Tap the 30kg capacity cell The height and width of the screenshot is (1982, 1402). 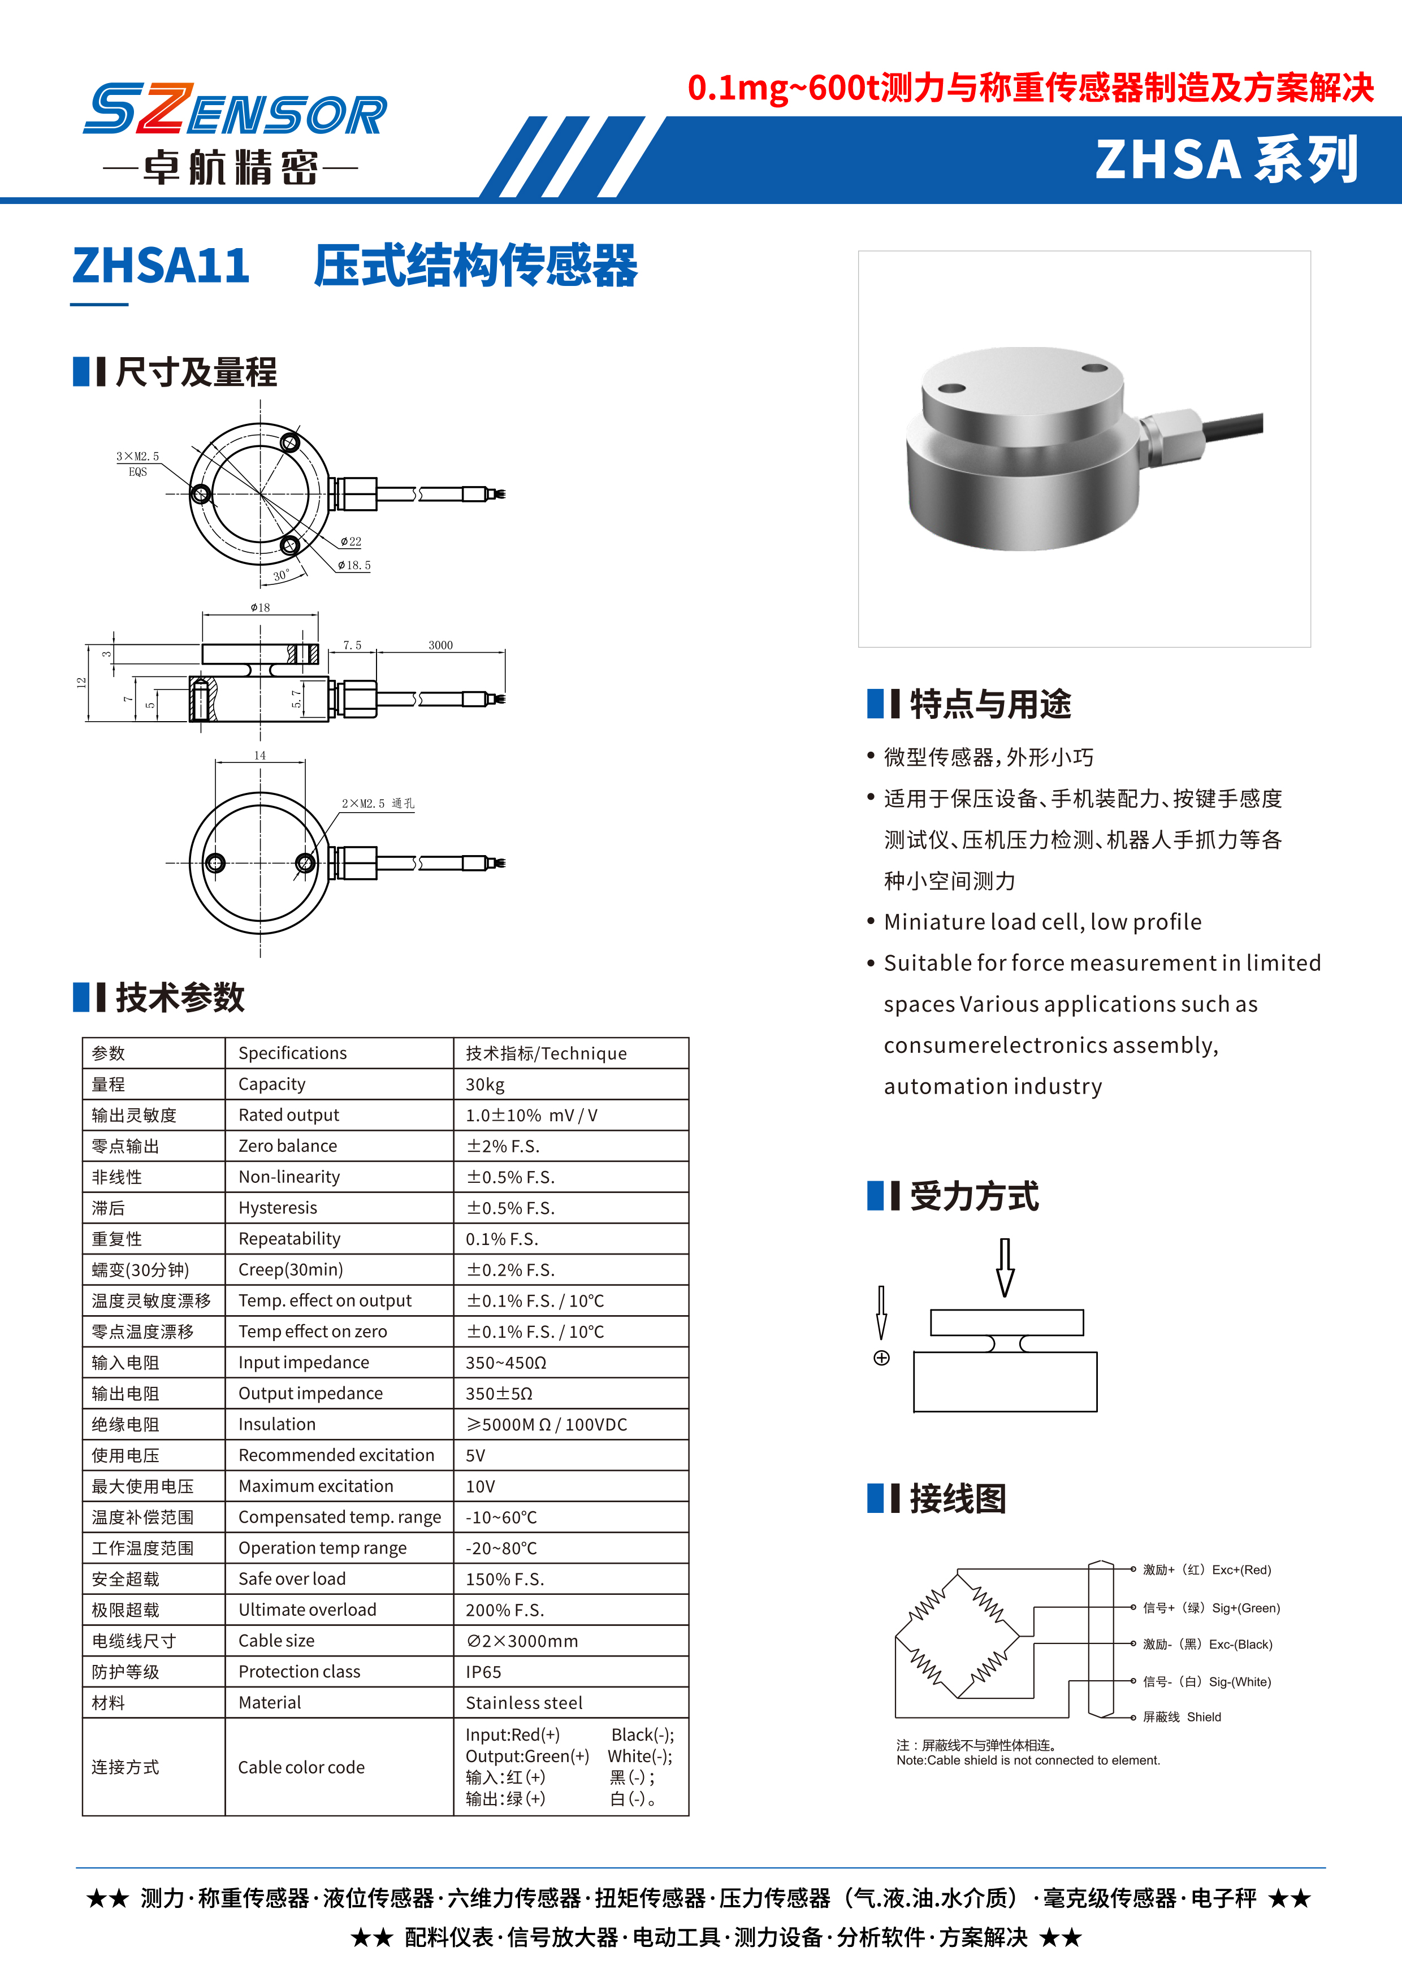point(485,1084)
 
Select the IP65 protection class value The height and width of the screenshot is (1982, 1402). point(483,1672)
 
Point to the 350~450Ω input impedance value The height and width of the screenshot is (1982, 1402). point(506,1362)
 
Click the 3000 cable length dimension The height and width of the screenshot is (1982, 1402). point(440,645)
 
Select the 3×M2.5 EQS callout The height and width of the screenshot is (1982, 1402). point(138,463)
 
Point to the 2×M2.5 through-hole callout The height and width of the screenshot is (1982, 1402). point(377,803)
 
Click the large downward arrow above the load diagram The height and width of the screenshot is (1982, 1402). point(1005,1267)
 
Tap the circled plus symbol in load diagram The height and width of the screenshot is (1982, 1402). point(881,1358)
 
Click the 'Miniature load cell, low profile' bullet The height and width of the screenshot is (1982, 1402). point(1042,922)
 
